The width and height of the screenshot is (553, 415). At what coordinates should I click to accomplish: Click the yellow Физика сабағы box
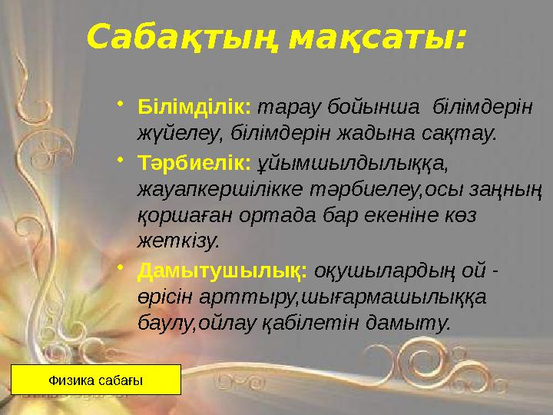coord(96,380)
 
